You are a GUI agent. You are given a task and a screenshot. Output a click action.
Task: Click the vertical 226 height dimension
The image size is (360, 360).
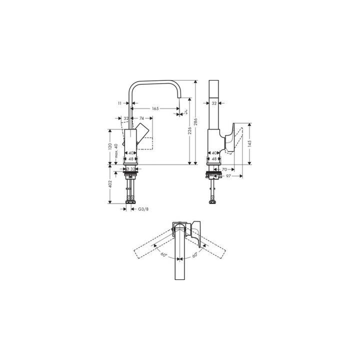pos(189,131)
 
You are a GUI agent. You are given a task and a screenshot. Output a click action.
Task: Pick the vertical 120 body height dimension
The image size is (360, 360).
pos(109,147)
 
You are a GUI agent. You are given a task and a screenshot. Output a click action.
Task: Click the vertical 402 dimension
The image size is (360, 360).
pos(109,184)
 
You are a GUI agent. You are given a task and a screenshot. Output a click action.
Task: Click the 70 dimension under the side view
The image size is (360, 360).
pos(225,170)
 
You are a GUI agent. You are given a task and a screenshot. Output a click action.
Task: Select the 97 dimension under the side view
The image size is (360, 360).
pos(228,176)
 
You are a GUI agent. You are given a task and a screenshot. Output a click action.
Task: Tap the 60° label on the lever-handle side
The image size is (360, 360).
pos(194,254)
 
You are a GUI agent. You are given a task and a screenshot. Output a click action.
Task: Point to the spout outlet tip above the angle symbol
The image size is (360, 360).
pos(178,109)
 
